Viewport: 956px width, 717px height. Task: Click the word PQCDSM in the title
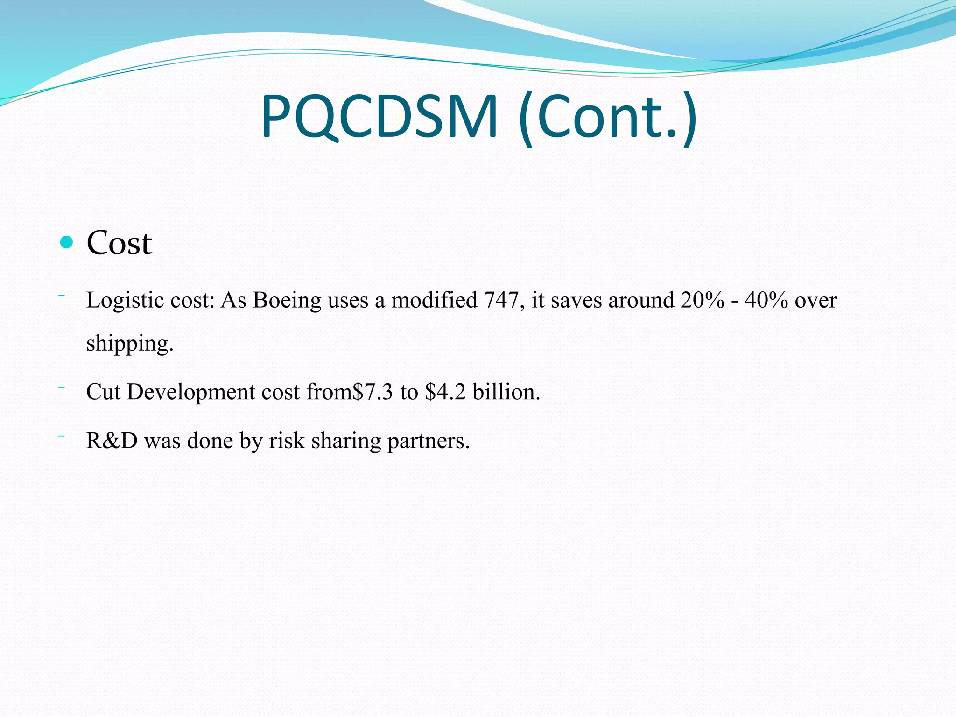[x=379, y=117]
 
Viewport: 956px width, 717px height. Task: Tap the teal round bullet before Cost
[x=67, y=242]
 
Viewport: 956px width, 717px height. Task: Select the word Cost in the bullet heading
[x=119, y=243]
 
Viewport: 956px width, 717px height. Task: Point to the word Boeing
[x=287, y=301]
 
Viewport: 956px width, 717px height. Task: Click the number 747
[x=501, y=300]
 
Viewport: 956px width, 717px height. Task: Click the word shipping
[x=130, y=344]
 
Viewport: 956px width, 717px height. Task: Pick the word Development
[x=190, y=392]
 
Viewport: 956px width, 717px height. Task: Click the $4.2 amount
[x=445, y=392]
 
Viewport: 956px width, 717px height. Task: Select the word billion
[x=506, y=392]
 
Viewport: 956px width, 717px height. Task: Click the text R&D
[x=112, y=441]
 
